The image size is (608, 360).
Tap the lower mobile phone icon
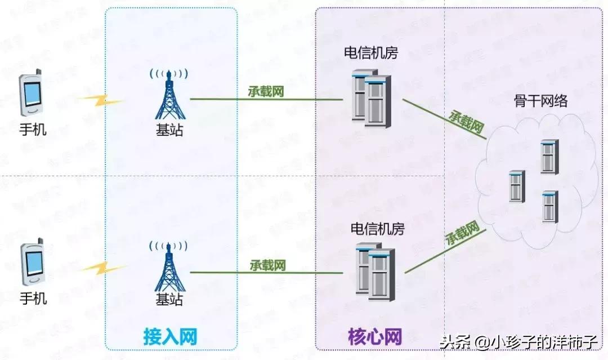(33, 264)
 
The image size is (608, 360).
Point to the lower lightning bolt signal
(101, 265)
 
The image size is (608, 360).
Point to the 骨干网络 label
(540, 101)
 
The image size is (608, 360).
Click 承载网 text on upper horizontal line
(266, 92)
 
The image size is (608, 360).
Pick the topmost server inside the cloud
(549, 157)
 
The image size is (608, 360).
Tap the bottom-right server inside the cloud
(550, 207)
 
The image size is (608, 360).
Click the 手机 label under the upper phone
(33, 130)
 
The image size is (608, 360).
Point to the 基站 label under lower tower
(169, 299)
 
